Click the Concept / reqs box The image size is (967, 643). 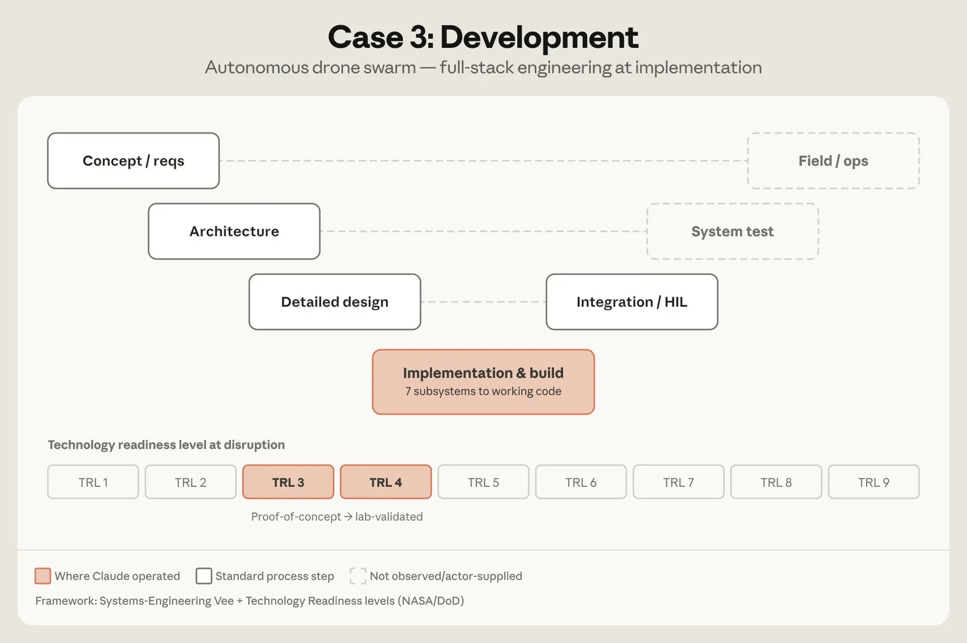pyautogui.click(x=133, y=161)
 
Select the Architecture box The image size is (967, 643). pyautogui.click(x=234, y=231)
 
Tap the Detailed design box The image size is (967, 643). pyautogui.click(x=335, y=302)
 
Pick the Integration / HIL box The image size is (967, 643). pyautogui.click(x=632, y=302)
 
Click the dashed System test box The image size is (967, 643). pyautogui.click(x=733, y=231)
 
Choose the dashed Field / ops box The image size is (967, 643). pyautogui.click(x=834, y=161)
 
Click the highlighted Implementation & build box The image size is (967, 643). pyautogui.click(x=483, y=382)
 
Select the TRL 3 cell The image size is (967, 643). pyautogui.click(x=288, y=482)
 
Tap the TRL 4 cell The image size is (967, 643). pyautogui.click(x=386, y=482)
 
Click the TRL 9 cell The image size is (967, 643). pyautogui.click(x=874, y=482)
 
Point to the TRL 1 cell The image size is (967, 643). pyautogui.click(x=93, y=482)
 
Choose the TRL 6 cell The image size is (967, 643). pyautogui.click(x=581, y=482)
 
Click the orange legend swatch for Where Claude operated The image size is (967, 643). pyautogui.click(x=43, y=575)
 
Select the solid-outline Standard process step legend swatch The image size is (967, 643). pyautogui.click(x=204, y=575)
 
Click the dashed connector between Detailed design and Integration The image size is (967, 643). pyautogui.click(x=483, y=302)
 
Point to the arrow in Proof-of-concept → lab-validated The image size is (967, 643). pyautogui.click(x=348, y=517)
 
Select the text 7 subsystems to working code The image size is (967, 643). pyautogui.click(x=483, y=391)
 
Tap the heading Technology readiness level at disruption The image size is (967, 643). pyautogui.click(x=166, y=444)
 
